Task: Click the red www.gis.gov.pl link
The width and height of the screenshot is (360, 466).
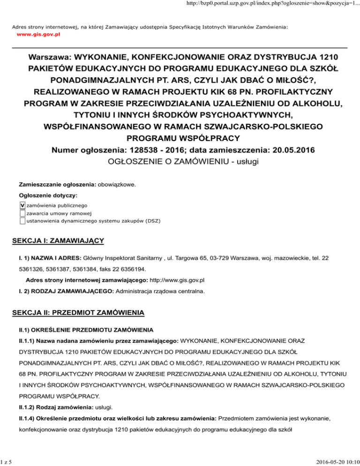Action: click(38, 34)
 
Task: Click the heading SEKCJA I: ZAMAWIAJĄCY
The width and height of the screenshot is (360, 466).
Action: click(57, 241)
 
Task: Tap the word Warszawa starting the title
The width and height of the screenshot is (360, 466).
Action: click(48, 60)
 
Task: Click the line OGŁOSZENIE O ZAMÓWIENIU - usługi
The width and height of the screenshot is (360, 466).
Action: click(180, 162)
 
